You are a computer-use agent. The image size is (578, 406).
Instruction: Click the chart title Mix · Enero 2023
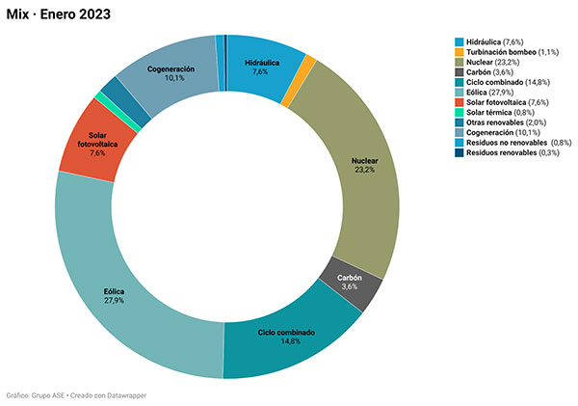click(57, 14)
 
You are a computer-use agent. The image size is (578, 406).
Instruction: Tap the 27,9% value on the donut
click(115, 300)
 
